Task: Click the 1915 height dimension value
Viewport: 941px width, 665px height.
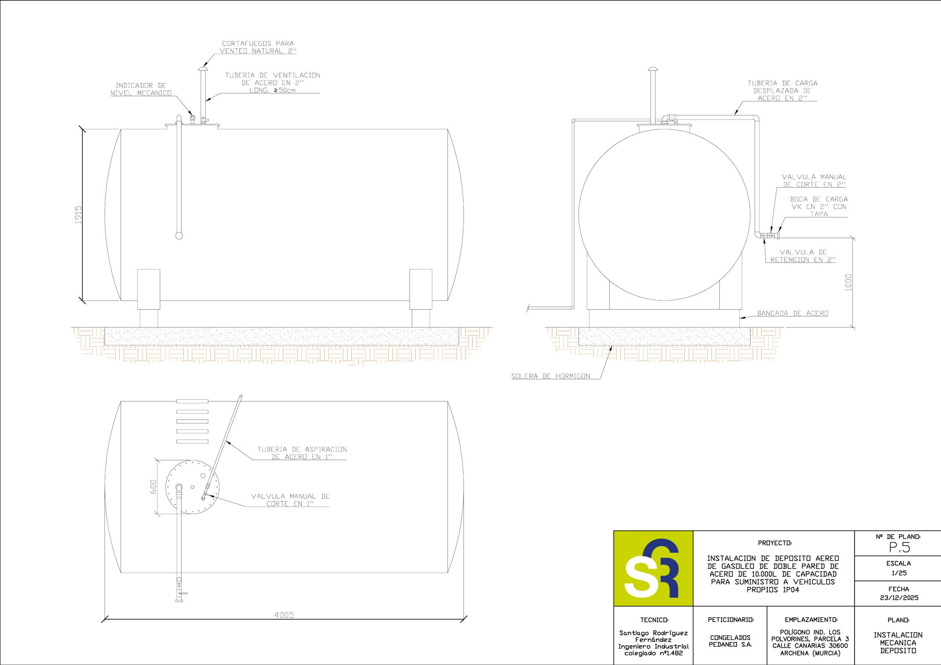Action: point(78,215)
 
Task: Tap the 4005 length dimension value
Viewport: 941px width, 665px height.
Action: point(284,615)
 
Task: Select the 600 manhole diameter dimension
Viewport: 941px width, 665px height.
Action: point(153,487)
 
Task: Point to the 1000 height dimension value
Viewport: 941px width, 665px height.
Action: point(848,283)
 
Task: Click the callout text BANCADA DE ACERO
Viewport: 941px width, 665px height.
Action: point(792,313)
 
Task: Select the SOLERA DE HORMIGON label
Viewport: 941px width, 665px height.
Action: point(550,376)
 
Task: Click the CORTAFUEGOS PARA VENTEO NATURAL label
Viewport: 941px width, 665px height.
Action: point(258,47)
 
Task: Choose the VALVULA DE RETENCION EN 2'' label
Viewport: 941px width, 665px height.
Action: point(803,256)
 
